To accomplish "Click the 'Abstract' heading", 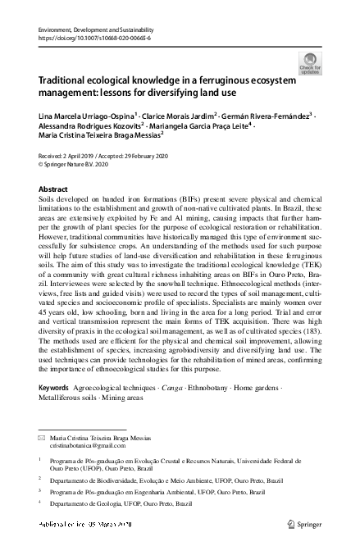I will [x=54, y=189].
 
